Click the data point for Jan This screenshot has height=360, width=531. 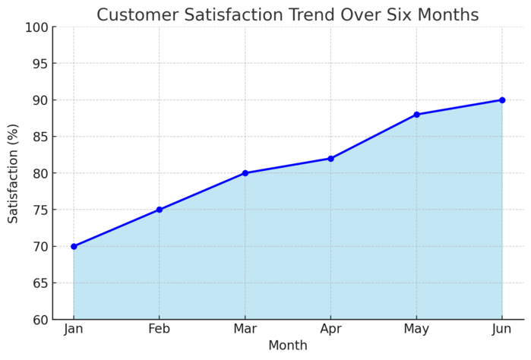tap(74, 246)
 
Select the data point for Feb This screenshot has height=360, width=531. tap(160, 210)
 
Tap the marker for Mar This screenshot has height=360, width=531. tap(245, 173)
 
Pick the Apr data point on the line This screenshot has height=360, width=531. tap(330, 159)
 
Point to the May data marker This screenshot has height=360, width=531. tap(416, 115)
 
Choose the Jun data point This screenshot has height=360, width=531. tap(502, 100)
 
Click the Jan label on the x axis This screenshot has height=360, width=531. tap(74, 329)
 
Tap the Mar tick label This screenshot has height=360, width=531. tap(245, 329)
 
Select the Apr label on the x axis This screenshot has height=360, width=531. tap(330, 329)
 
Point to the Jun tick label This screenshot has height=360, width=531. tap(502, 329)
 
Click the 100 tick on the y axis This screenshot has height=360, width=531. tap(37, 27)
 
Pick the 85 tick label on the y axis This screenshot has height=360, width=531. tap(40, 137)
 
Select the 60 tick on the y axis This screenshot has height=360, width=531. tap(40, 320)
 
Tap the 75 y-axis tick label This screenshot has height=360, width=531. tap(40, 210)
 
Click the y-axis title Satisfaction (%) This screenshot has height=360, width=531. tap(14, 173)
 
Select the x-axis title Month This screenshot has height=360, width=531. tap(288, 346)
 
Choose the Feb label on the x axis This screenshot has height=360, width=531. tap(160, 329)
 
